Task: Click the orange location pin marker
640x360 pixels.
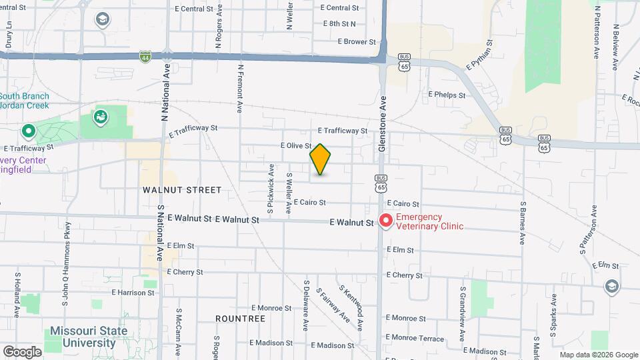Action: click(321, 159)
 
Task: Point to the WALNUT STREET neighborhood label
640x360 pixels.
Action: click(181, 190)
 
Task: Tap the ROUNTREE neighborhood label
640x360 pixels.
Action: click(240, 319)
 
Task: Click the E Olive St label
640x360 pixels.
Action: click(297, 145)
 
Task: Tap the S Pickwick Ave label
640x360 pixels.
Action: click(271, 189)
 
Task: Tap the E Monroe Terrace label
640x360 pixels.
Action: click(414, 339)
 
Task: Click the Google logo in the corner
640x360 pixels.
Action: click(22, 351)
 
